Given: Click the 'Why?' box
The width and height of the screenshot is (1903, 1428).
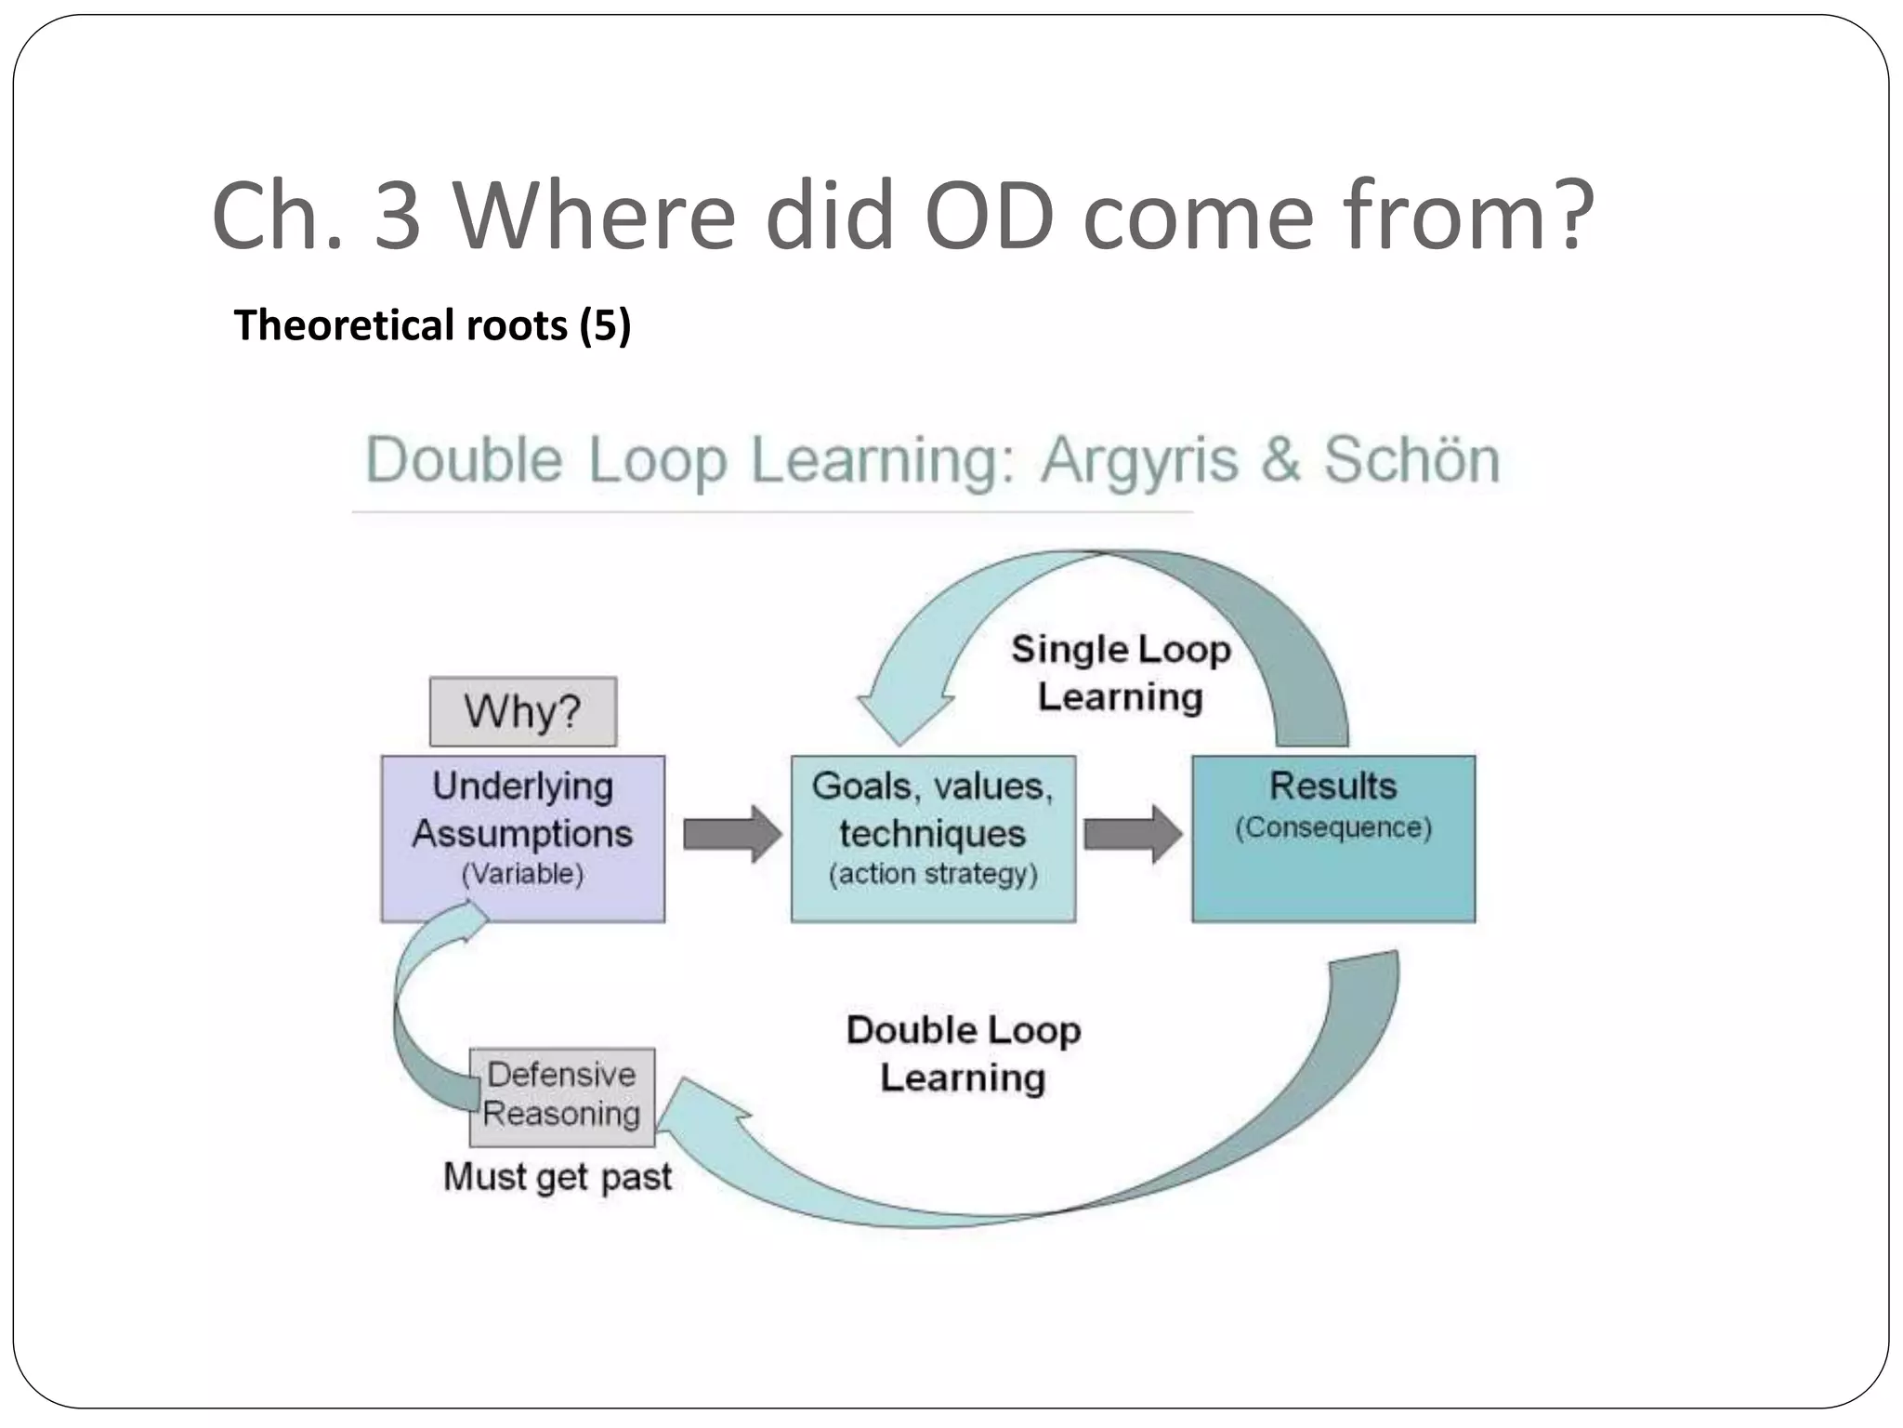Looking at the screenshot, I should point(522,711).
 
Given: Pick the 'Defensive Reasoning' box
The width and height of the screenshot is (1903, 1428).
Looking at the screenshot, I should point(562,1096).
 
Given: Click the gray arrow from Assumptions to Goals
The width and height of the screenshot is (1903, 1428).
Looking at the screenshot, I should point(732,834).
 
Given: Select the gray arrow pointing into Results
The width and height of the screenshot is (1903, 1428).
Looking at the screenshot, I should point(1133,834).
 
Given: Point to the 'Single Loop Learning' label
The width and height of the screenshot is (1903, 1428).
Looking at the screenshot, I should point(1121,672).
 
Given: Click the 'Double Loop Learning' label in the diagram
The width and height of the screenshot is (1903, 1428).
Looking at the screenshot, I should point(964,1053).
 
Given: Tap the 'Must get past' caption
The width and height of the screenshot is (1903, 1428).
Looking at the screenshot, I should point(557,1177).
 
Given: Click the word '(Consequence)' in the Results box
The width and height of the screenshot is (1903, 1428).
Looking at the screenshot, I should point(1333,827).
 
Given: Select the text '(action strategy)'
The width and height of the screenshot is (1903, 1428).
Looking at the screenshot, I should point(933,874).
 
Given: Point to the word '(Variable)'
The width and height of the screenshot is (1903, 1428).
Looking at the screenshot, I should point(522,874).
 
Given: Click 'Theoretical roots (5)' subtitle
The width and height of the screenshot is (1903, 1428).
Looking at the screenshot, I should point(432,325).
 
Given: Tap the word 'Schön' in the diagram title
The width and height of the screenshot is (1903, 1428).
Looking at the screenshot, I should point(1411,459).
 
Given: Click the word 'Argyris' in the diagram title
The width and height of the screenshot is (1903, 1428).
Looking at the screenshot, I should point(1139,459).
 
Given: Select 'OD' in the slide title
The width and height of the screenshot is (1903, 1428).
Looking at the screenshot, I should point(990,216).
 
